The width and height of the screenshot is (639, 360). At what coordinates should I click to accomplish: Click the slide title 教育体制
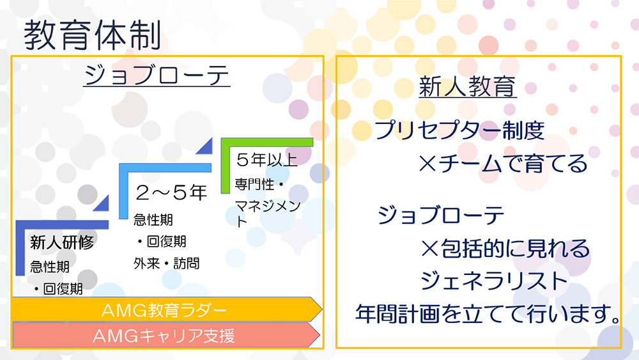click(93, 35)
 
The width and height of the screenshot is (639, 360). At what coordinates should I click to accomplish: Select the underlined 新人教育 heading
click(468, 86)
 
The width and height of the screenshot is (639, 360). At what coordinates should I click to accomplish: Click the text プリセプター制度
click(459, 130)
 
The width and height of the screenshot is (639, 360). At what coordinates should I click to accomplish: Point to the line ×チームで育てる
click(503, 164)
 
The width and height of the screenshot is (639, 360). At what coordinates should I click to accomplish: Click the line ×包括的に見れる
click(505, 248)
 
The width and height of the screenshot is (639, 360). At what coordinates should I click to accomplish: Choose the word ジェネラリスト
click(494, 281)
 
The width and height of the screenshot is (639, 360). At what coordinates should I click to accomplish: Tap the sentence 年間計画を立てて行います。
click(488, 314)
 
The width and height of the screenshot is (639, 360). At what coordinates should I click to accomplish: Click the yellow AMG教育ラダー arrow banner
click(166, 309)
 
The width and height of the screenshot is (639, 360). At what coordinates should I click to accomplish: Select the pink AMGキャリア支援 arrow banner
click(166, 335)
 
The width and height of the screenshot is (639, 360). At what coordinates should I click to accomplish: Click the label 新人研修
click(62, 242)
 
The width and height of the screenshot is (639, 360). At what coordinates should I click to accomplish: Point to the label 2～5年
click(171, 192)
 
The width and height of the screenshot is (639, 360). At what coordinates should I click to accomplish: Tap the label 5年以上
click(267, 160)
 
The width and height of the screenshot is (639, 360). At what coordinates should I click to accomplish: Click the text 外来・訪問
click(167, 263)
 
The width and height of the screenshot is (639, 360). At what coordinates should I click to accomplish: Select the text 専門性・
click(259, 184)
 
